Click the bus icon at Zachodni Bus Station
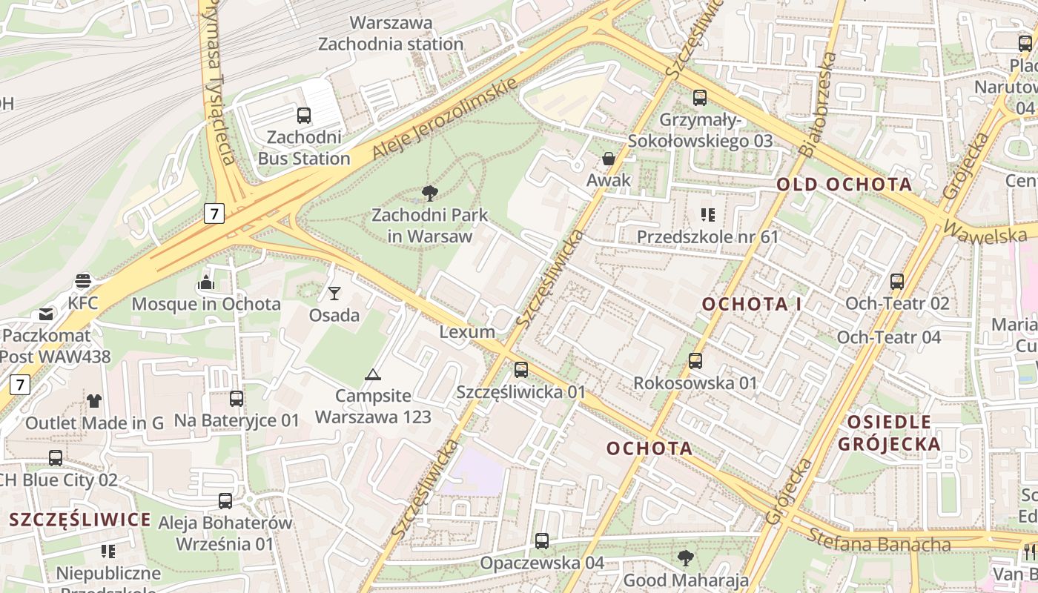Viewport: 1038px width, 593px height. (303, 115)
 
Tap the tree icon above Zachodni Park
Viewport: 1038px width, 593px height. (429, 194)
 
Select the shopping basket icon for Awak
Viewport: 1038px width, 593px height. (609, 159)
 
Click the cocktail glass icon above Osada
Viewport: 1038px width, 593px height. (334, 294)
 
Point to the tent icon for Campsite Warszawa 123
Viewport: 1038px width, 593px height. (372, 374)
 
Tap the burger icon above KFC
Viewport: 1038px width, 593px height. (83, 282)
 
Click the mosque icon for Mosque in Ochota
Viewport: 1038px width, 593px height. (206, 282)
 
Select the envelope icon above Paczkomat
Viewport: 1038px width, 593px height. (46, 314)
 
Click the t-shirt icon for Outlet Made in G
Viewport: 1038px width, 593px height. (94, 401)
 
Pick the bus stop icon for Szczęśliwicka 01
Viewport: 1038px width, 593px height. (521, 369)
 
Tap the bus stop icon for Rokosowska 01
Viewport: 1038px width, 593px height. (695, 361)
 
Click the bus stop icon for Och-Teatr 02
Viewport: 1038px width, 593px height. (897, 282)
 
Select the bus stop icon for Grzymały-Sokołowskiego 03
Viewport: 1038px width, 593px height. (700, 98)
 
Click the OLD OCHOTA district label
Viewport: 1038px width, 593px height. (844, 185)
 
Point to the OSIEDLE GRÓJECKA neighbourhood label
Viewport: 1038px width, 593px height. (889, 433)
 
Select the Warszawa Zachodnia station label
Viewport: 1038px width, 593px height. (391, 33)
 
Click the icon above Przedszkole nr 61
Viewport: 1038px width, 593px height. (707, 215)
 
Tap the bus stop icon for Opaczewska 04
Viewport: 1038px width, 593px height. (542, 541)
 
